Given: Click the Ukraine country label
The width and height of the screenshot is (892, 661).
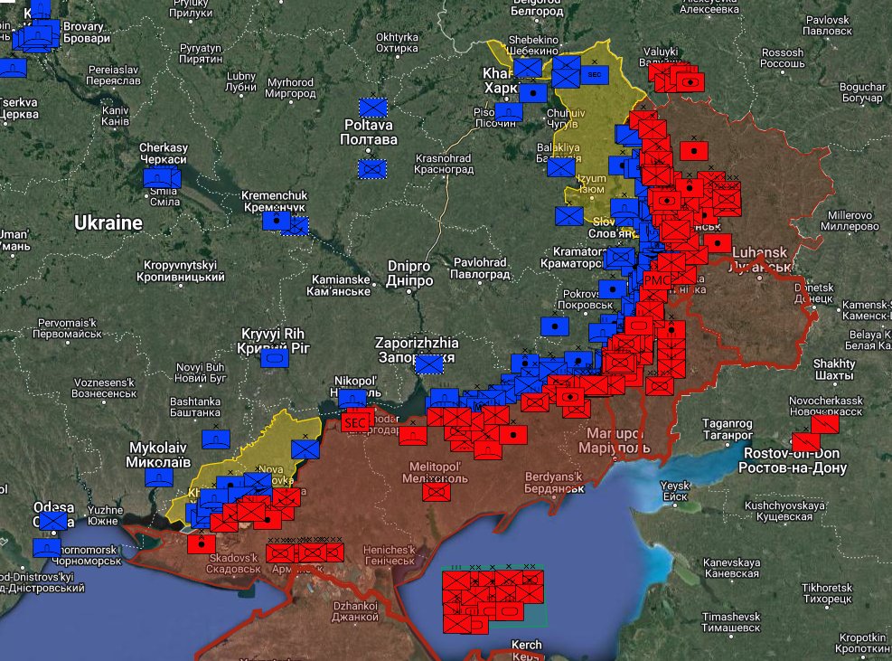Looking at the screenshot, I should tap(108, 222).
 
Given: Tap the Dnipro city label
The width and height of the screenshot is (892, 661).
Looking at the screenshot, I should tap(409, 273).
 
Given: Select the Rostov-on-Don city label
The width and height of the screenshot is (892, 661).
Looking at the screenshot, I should tap(792, 460).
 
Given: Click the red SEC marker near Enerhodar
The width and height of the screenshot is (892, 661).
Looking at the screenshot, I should tap(355, 421).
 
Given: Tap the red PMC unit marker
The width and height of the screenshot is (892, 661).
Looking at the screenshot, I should tap(656, 281).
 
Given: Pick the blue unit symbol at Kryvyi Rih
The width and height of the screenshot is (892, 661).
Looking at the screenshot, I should tap(274, 358).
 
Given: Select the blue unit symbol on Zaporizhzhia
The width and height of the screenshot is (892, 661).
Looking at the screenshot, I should tap(428, 364).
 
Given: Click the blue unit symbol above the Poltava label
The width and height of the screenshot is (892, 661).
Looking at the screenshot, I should tap(372, 107).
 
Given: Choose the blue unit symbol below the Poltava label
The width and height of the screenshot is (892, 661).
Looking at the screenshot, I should tap(371, 168).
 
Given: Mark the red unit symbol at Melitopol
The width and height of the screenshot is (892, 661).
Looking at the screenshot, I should tap(437, 491).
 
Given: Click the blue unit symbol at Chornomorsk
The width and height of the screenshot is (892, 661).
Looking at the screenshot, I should tap(46, 547).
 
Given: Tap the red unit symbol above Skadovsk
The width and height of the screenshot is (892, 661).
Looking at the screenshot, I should tap(201, 544).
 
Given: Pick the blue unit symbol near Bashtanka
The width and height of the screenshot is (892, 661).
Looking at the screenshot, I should tap(215, 439).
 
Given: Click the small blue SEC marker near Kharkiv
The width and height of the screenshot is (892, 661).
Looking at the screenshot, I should tap(594, 74).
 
